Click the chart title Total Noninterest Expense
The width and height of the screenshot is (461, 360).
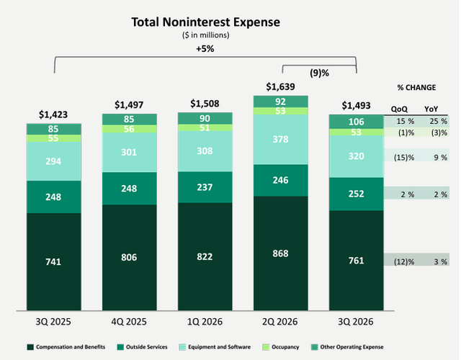coord(205,22)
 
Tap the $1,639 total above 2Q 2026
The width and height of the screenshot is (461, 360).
coord(280,86)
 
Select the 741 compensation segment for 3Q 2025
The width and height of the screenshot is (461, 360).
coord(53,261)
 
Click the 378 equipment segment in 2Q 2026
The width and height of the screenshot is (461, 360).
coord(281,139)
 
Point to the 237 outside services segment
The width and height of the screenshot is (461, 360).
coord(205,187)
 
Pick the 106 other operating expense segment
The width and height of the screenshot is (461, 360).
coord(357,122)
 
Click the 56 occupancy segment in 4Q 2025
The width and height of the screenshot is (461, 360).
coord(130,129)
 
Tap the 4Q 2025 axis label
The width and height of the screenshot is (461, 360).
coord(129,322)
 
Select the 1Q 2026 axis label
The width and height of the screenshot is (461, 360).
coord(205,322)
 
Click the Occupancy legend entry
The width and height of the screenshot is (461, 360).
coord(281,347)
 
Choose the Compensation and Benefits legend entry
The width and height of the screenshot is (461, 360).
coord(66,347)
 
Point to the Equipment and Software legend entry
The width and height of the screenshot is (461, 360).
coord(215,347)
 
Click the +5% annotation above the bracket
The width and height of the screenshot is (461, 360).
coord(205,48)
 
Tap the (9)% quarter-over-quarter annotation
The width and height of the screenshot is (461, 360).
coord(319,73)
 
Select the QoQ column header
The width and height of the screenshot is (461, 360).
coord(399,109)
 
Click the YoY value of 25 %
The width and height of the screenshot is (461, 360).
coord(439,121)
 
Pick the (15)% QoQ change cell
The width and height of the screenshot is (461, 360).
coord(404,158)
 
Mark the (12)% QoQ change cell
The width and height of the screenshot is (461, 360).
coord(404,261)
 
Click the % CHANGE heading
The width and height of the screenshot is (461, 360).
coord(416,88)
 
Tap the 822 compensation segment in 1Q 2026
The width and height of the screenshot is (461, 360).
coord(205,256)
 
